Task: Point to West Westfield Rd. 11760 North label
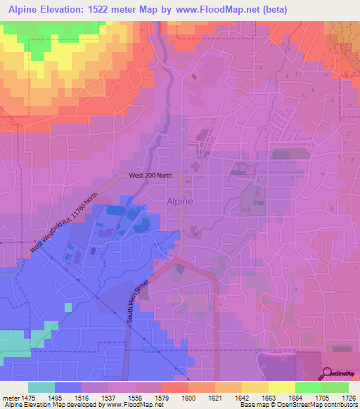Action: (x=64, y=223)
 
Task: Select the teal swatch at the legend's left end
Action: (x=41, y=387)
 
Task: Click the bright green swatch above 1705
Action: (x=308, y=387)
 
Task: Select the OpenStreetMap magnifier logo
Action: (x=328, y=373)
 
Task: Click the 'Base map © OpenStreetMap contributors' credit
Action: (x=297, y=405)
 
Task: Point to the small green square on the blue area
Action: (x=68, y=307)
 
